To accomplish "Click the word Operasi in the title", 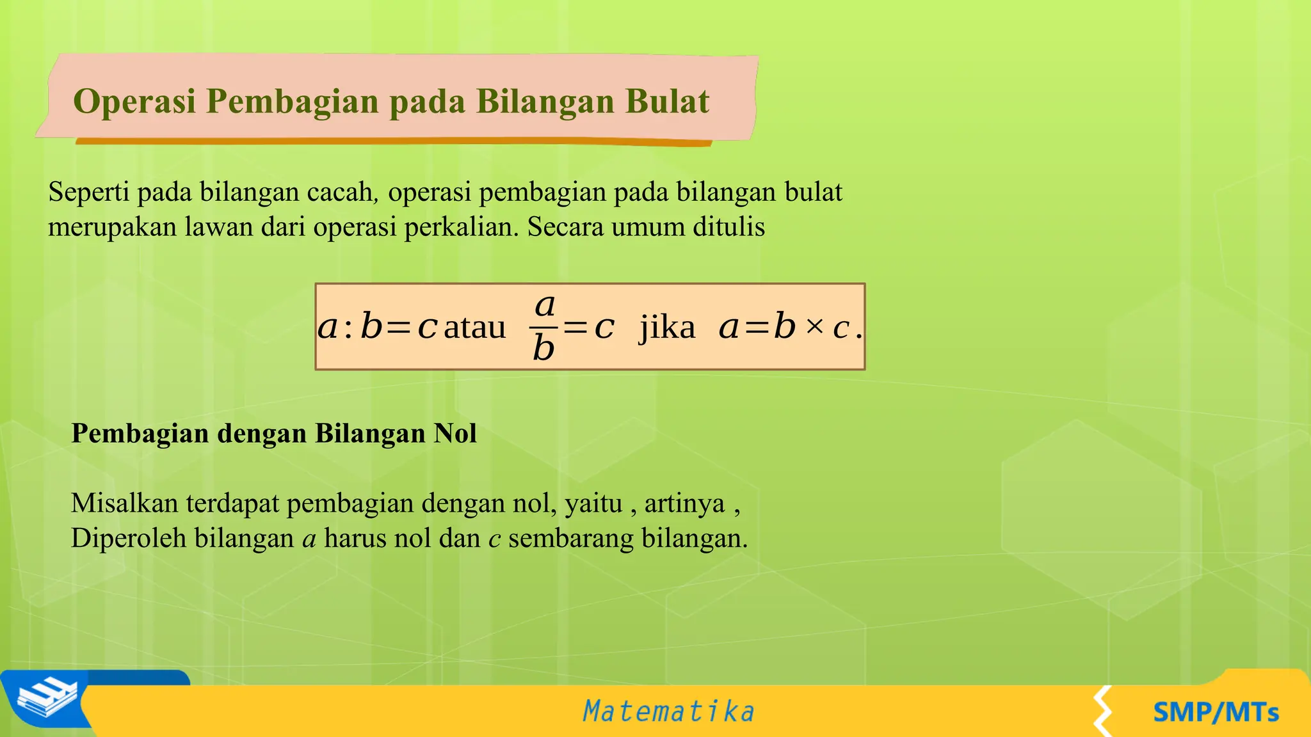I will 134,101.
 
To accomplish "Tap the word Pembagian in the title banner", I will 292,102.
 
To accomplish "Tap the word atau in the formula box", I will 474,328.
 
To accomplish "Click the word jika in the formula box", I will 667,328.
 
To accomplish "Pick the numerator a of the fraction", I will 544,305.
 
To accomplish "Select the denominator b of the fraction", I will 543,349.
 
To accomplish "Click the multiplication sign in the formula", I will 814,327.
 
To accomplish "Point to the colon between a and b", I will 348,329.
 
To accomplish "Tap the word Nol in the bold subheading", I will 455,434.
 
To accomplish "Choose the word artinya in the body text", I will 684,504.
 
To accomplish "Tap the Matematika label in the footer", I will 668,711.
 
